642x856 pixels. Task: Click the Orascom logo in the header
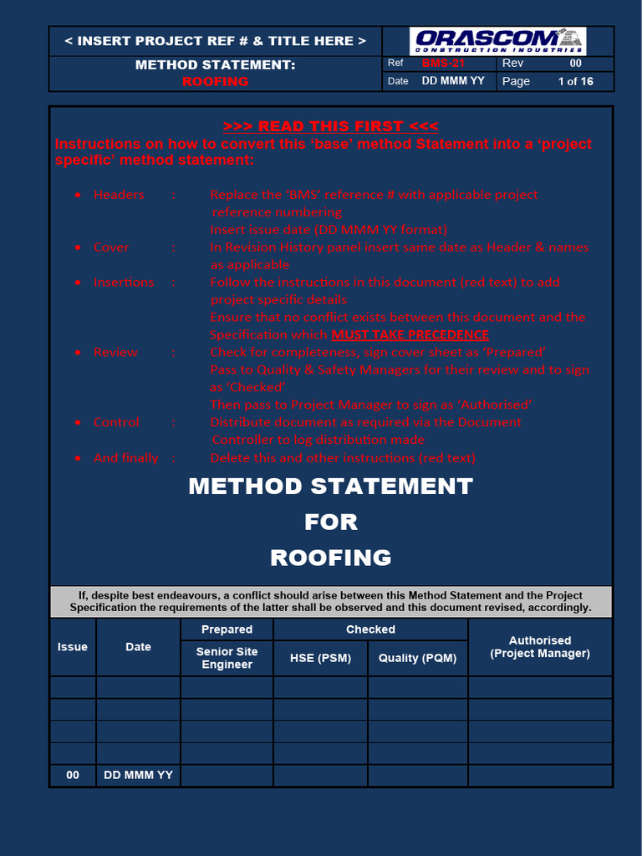(498, 40)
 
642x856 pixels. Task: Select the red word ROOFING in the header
(216, 81)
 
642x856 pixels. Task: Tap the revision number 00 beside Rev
(575, 64)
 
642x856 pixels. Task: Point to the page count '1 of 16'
(575, 81)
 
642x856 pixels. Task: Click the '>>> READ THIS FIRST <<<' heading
(330, 126)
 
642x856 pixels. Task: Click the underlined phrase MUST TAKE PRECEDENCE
(410, 334)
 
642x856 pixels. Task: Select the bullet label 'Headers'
(119, 195)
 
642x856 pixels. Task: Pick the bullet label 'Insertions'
(124, 283)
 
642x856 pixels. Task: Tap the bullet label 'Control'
(117, 422)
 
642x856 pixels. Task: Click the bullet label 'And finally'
(126, 458)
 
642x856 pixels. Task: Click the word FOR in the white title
(331, 522)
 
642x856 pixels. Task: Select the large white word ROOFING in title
(331, 558)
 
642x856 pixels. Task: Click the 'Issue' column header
(73, 647)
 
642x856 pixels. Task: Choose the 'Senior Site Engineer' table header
(227, 658)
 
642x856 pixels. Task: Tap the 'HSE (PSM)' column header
(320, 658)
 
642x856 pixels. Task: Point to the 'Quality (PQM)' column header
(417, 658)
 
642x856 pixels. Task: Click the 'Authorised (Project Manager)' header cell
(540, 647)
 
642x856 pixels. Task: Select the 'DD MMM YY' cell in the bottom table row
(138, 775)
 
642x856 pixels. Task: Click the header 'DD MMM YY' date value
(453, 81)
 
